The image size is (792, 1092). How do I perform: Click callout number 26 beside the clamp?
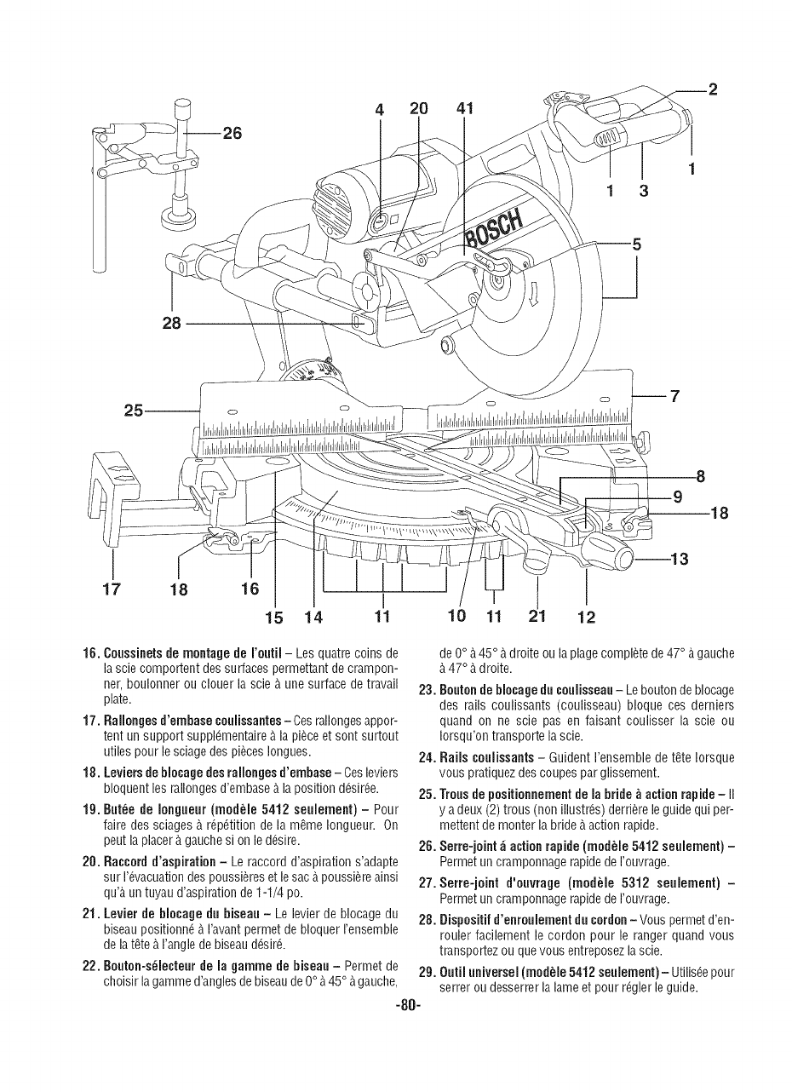coord(231,133)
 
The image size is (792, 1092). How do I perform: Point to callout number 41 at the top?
coord(465,108)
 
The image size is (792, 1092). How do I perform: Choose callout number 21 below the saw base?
coord(537,616)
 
